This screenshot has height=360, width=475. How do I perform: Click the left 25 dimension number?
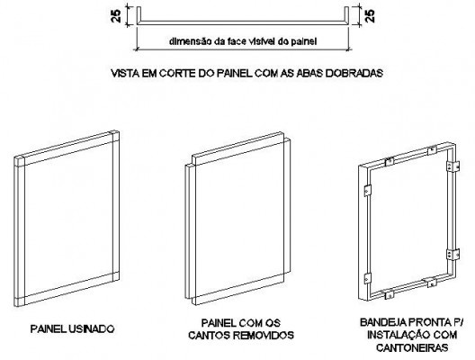click(116, 16)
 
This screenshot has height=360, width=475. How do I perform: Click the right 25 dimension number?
click(370, 16)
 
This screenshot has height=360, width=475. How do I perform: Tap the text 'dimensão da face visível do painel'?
click(243, 41)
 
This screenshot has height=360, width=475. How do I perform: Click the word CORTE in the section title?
click(177, 73)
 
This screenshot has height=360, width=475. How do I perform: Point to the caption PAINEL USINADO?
click(72, 328)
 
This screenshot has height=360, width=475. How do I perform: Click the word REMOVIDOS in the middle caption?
click(264, 335)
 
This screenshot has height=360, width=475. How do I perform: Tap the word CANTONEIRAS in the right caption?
click(412, 347)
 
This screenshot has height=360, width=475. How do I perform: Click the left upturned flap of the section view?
click(139, 15)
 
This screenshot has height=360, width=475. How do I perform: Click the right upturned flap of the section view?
click(346, 15)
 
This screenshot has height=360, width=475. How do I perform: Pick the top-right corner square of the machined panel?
click(114, 137)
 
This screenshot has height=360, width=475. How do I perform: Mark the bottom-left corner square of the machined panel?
click(19, 301)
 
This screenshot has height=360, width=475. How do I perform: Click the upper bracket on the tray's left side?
click(367, 191)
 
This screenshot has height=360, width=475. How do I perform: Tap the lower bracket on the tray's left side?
click(367, 278)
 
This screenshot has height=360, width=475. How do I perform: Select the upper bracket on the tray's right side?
click(453, 166)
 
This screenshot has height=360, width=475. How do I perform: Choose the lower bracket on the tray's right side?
click(453, 255)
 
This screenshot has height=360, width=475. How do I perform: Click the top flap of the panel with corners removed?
click(237, 145)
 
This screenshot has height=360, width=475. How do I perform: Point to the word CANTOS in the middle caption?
click(209, 335)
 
